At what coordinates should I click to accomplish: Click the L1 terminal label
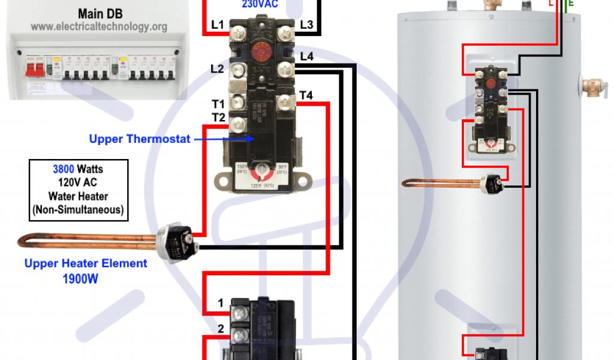(x=218, y=25)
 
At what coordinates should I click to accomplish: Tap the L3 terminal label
(x=306, y=25)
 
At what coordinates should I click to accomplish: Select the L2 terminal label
(x=217, y=69)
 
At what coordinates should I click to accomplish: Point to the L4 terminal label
(x=306, y=57)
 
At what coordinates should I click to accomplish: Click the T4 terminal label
(x=306, y=95)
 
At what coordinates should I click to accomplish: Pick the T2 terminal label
(x=218, y=116)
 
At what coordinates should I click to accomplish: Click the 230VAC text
(x=260, y=4)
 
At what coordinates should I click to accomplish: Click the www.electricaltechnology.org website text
(x=99, y=27)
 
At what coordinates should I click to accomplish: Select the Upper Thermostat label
(x=140, y=139)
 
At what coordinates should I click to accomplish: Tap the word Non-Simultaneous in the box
(x=79, y=209)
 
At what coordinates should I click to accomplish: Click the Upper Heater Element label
(x=86, y=263)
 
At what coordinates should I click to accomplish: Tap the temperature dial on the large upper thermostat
(x=260, y=173)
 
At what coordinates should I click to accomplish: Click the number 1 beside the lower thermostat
(x=221, y=304)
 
